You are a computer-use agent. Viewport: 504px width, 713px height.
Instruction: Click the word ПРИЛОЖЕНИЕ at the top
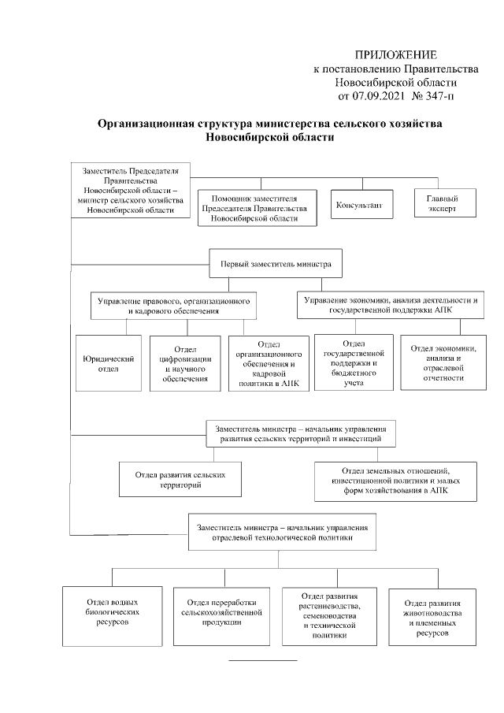(395, 54)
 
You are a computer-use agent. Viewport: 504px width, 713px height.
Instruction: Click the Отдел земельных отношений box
(395, 481)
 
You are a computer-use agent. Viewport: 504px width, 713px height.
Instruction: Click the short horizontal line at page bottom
(263, 659)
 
